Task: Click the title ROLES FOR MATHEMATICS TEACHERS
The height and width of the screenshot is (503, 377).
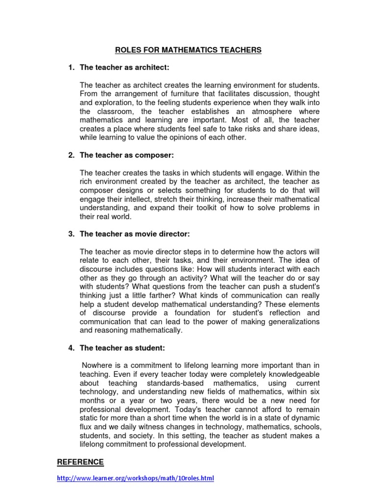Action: (188, 50)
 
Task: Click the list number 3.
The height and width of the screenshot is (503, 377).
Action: (71, 234)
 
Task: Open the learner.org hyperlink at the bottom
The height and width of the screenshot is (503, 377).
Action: (135, 478)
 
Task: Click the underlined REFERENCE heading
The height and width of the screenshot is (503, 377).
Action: (81, 462)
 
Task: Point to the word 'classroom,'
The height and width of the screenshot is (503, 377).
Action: (121, 112)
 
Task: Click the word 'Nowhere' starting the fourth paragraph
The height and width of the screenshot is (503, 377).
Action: (98, 365)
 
